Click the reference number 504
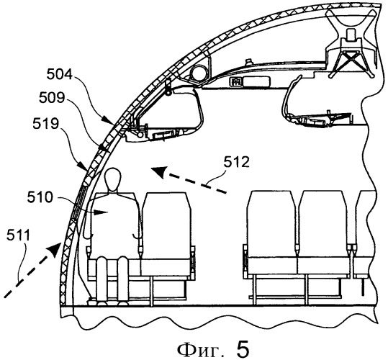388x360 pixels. pos(59,75)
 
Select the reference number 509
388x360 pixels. pos(52,98)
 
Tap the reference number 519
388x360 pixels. pos(45,123)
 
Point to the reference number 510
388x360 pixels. pos(40,197)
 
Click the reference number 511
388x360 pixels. pos(18,235)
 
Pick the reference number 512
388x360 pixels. pos(236,163)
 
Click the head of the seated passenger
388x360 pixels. pos(114,179)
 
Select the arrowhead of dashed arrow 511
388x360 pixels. pos(55,249)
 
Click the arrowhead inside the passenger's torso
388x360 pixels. pos(101,212)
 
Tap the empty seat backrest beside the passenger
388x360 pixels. pos(166,225)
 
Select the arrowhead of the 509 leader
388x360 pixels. pos(104,148)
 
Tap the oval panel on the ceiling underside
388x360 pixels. pos(256,81)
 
